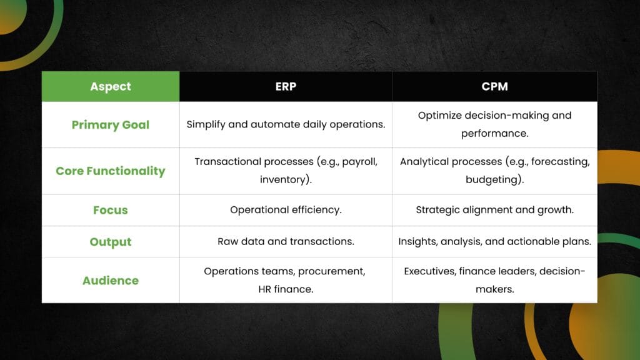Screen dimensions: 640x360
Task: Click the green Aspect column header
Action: pyautogui.click(x=111, y=86)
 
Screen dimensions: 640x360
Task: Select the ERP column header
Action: pyautogui.click(x=286, y=86)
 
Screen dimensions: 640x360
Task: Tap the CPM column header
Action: pyautogui.click(x=495, y=86)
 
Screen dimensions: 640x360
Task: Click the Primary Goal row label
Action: pyautogui.click(x=111, y=125)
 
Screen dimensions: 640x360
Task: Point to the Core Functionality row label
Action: pyautogui.click(x=111, y=171)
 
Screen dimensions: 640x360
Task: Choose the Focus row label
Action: pyautogui.click(x=111, y=210)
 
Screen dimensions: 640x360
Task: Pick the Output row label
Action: pyautogui.click(x=111, y=242)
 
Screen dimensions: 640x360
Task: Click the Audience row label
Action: pyautogui.click(x=111, y=281)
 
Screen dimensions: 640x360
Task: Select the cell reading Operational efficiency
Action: pyautogui.click(x=286, y=210)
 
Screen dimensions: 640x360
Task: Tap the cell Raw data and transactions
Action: pyautogui.click(x=286, y=242)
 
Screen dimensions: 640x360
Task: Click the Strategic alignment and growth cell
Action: pyautogui.click(x=495, y=210)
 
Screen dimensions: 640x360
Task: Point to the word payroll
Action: pyautogui.click(x=359, y=162)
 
